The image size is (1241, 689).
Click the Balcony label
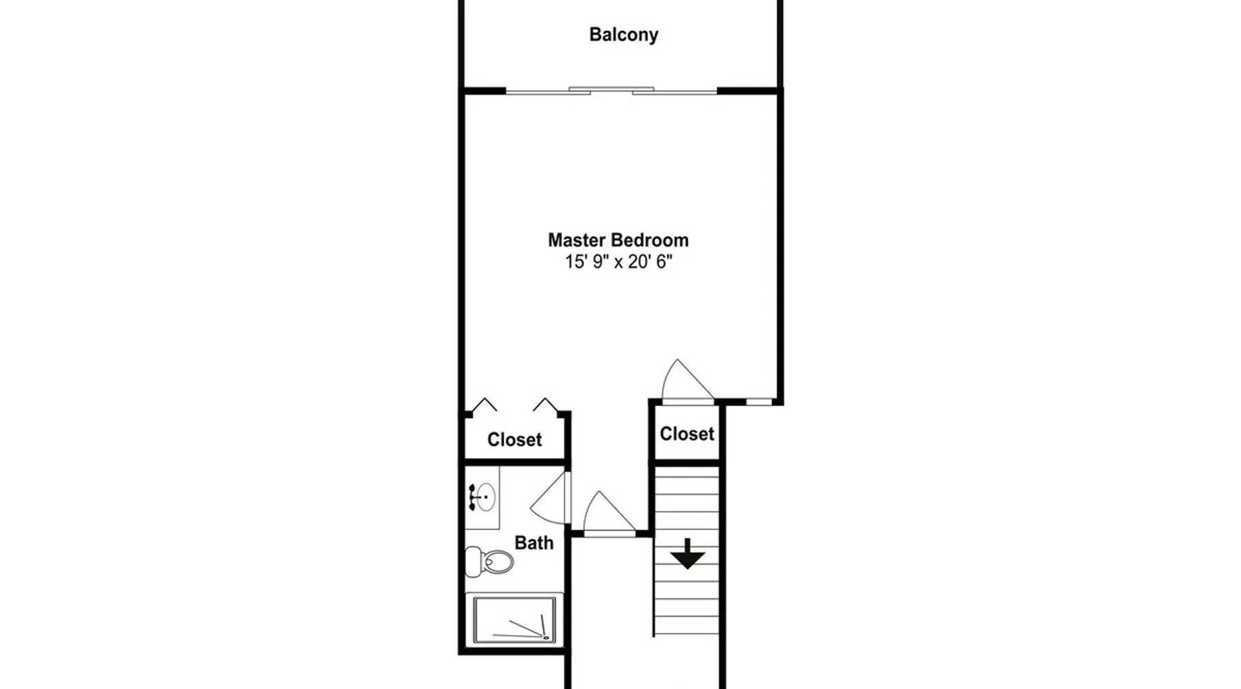pos(623,34)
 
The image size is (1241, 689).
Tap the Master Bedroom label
pos(618,240)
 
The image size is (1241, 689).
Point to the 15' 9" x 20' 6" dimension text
pos(618,262)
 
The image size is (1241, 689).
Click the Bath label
pos(534,543)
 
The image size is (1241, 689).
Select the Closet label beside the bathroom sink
pos(514,440)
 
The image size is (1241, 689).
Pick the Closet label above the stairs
pos(687,433)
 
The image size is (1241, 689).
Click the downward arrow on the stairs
pos(687,554)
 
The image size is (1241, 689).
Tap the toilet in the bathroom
pos(490,562)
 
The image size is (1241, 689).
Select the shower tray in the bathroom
pos(514,620)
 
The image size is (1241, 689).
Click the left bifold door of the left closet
pos(484,404)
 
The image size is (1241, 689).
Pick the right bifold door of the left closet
pos(545,404)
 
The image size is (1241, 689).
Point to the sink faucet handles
pos(472,497)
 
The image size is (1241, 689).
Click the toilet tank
pos(473,562)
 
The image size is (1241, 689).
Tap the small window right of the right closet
pos(759,400)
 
